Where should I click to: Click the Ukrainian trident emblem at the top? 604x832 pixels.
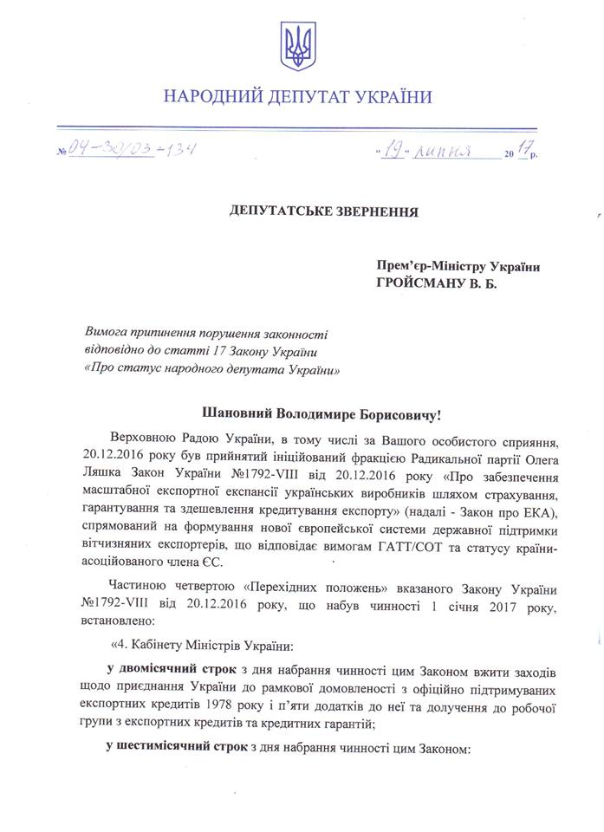tap(298, 45)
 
